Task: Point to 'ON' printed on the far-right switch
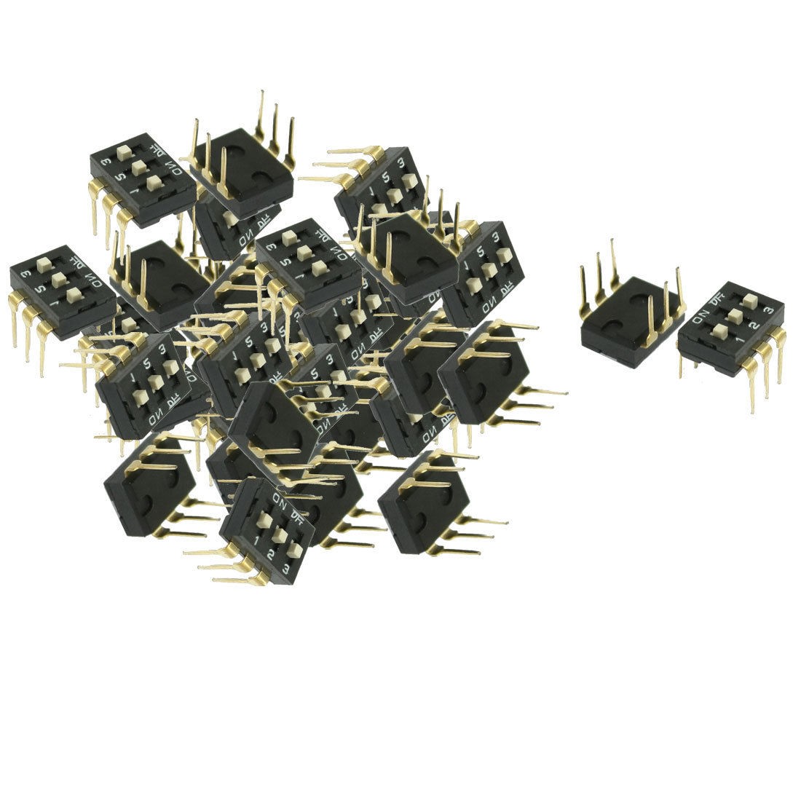tap(701, 315)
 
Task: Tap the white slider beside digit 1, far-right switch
tap(721, 328)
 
